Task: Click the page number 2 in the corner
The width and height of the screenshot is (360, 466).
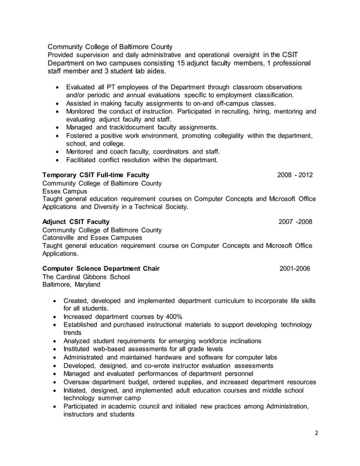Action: click(317, 433)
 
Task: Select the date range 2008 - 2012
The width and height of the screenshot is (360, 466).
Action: click(295, 175)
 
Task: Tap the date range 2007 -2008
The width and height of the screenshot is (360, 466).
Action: click(295, 222)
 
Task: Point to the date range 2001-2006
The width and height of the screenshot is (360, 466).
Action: click(295, 269)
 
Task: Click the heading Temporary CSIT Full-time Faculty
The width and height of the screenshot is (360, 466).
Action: click(93, 175)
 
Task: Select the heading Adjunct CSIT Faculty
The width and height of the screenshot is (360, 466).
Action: click(76, 222)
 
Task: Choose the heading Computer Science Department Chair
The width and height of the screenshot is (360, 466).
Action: click(101, 269)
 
